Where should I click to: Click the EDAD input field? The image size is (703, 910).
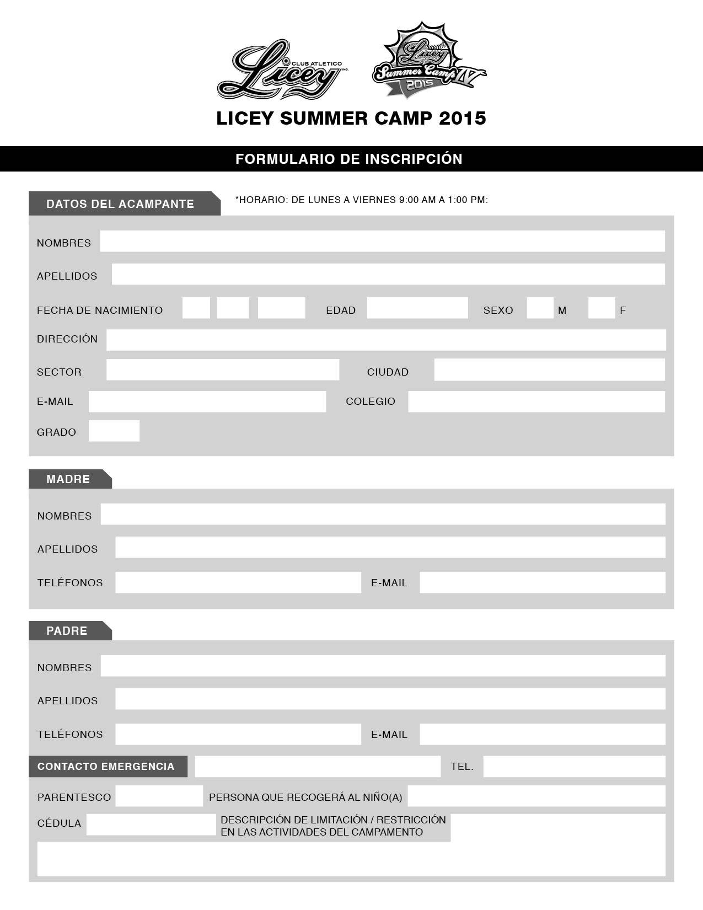[417, 308]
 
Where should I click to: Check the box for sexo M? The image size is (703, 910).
[540, 308]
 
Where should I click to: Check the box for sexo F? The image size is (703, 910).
[602, 308]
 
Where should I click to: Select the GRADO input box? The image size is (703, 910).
[114, 431]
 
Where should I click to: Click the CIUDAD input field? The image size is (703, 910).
[549, 370]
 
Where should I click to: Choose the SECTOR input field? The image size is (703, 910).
[223, 370]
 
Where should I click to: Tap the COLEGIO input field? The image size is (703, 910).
[536, 402]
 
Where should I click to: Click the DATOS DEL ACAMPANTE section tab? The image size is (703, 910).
[120, 204]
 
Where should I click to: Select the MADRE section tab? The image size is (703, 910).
[68, 479]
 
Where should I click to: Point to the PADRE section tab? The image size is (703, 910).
[67, 630]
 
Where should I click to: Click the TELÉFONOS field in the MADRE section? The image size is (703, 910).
[238, 582]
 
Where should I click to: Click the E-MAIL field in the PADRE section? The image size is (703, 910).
[543, 734]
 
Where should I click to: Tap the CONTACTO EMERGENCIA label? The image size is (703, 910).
[106, 766]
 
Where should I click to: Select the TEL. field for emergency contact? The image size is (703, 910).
[574, 766]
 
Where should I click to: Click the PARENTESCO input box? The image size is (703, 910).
[159, 796]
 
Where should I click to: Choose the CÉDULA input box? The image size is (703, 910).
[151, 824]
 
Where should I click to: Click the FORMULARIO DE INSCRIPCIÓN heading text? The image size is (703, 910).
[349, 159]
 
